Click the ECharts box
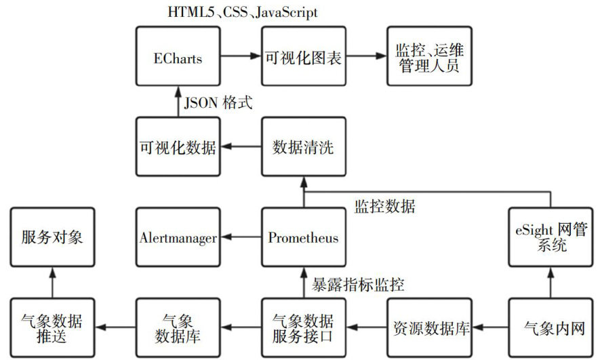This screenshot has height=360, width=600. [178, 57]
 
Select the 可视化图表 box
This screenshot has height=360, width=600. [303, 57]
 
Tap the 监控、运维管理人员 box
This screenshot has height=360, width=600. [428, 57]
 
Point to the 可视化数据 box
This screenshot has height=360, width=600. [178, 146]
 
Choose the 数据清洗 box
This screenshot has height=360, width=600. [303, 146]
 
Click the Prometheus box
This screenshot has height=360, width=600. [303, 237]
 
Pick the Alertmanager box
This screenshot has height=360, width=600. [178, 237]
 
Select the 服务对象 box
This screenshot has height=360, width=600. [52, 237]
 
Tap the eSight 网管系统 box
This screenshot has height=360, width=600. [550, 237]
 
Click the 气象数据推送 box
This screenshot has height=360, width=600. [52, 328]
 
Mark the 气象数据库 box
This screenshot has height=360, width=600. [178, 328]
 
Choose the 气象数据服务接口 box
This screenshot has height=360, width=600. [303, 328]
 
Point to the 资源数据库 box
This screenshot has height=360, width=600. [428, 328]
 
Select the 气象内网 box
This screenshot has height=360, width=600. [550, 328]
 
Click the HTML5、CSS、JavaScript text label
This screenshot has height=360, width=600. [242, 12]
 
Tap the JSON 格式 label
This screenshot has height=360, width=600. [218, 103]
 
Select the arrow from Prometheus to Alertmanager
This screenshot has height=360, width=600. [241, 237]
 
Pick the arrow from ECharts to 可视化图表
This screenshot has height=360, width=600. [241, 57]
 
